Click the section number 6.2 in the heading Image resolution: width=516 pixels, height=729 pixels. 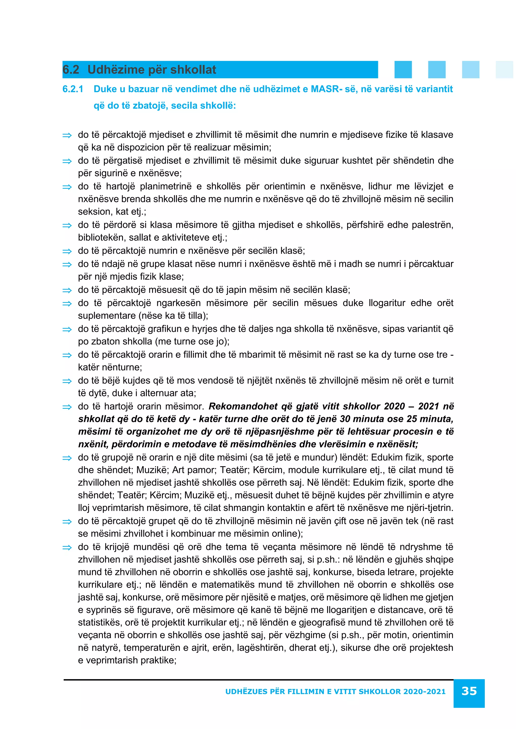(x=71, y=69)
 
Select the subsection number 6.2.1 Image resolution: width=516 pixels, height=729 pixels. (x=73, y=89)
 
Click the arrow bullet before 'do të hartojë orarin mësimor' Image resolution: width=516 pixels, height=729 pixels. (x=67, y=407)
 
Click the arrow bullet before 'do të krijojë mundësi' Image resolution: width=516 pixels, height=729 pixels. (x=67, y=548)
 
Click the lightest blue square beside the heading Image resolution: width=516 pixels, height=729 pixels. (x=505, y=69)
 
